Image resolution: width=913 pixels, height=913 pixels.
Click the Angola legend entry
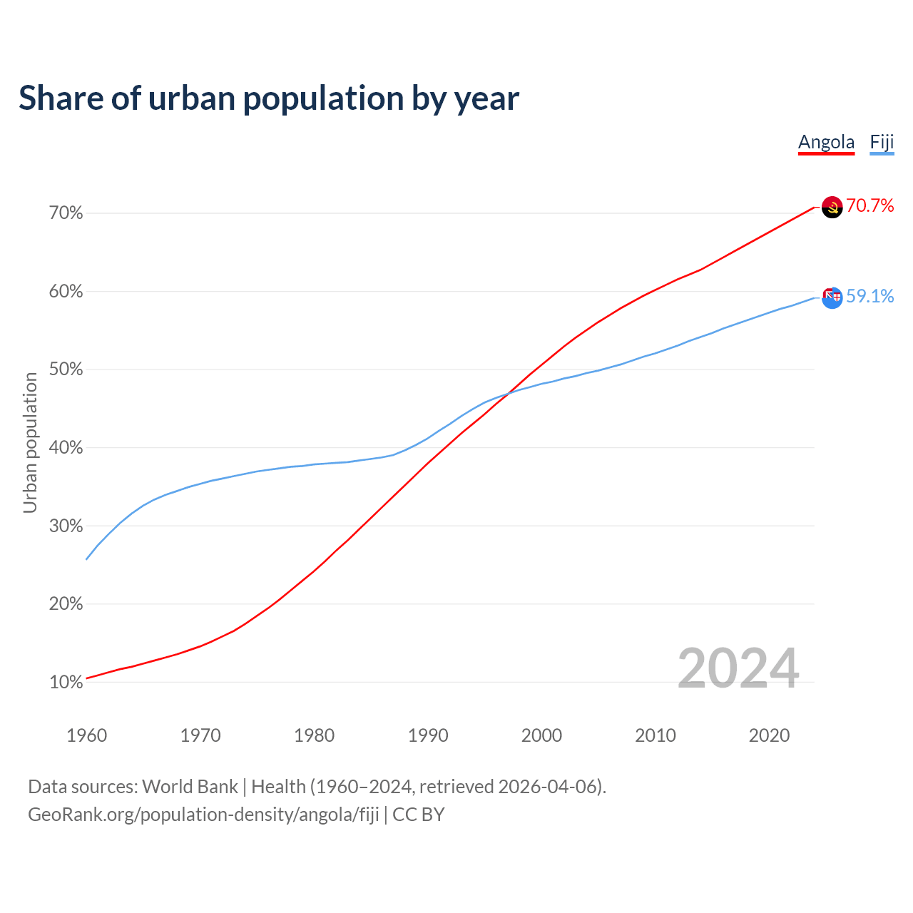tap(826, 142)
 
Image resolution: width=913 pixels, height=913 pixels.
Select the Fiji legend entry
tap(882, 142)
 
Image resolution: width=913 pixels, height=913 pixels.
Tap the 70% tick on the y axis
tap(66, 213)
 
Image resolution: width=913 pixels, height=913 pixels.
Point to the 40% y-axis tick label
tap(66, 448)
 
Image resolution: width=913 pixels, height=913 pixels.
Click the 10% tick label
tap(66, 683)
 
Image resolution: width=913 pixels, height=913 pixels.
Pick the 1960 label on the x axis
tap(86, 735)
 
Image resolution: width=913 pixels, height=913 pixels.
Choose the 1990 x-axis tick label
tap(428, 735)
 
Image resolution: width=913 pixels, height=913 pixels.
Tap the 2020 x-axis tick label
tap(769, 735)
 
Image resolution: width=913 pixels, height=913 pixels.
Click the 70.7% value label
tap(869, 206)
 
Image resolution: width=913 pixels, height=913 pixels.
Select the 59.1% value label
tap(869, 296)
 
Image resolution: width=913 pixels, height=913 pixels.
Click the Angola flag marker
tap(832, 208)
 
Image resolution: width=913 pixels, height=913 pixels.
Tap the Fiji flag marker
tap(832, 297)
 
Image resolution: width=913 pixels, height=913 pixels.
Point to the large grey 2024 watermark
tap(738, 668)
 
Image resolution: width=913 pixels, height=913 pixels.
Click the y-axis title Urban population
tap(30, 442)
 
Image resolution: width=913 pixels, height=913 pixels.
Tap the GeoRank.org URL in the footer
tap(203, 815)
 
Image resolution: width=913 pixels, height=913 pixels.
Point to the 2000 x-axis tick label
tap(541, 735)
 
